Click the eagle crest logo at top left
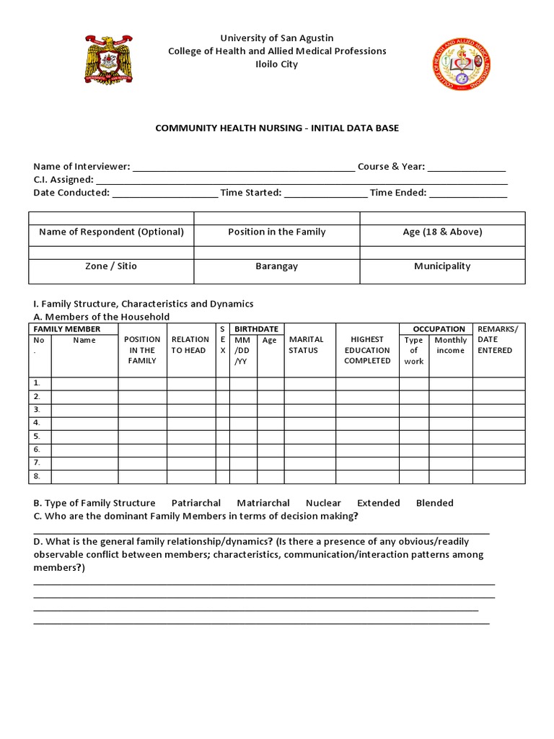tap(110, 60)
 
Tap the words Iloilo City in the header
tap(277, 64)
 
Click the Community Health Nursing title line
tap(277, 128)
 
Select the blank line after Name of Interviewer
tap(244, 167)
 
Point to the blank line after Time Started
tap(325, 193)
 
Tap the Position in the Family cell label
tap(276, 232)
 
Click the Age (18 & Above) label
tap(442, 232)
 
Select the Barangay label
tap(276, 266)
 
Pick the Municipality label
tap(442, 266)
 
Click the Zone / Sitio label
tap(111, 266)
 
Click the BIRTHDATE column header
tap(256, 329)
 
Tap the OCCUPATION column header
tap(439, 329)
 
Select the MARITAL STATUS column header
tap(307, 345)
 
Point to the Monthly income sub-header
tap(451, 345)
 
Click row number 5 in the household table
tap(37, 437)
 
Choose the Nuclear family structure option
tap(323, 503)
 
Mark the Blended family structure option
tap(434, 503)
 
